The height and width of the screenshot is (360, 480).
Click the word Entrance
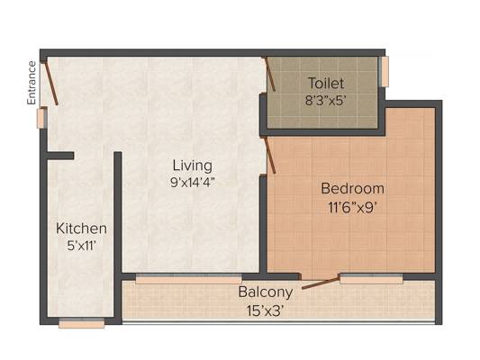click(x=32, y=83)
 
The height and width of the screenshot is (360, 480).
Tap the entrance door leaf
click(x=51, y=83)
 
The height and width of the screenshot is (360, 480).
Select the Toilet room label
click(x=326, y=84)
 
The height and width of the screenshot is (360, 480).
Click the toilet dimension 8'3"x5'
click(x=325, y=100)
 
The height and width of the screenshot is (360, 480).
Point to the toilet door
click(x=270, y=75)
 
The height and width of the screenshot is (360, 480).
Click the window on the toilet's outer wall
click(x=385, y=71)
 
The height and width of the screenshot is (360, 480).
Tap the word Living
click(x=192, y=166)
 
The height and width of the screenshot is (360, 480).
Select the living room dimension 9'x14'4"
click(x=192, y=183)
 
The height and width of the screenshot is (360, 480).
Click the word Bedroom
click(x=353, y=188)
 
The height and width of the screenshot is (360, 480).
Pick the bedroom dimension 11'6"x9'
click(x=352, y=208)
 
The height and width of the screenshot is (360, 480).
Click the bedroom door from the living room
click(x=270, y=156)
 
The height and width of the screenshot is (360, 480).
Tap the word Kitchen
click(x=81, y=229)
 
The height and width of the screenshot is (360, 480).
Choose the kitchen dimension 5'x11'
click(x=82, y=246)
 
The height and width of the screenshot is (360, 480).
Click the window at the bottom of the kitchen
click(x=82, y=323)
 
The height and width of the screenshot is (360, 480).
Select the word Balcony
click(x=266, y=292)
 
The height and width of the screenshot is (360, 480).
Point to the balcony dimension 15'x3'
click(x=266, y=311)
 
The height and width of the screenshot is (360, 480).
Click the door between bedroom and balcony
click(x=321, y=283)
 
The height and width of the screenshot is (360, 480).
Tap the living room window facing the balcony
click(x=188, y=279)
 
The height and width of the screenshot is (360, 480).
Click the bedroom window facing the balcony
click(x=371, y=279)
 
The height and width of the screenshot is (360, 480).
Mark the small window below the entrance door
click(x=41, y=118)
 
